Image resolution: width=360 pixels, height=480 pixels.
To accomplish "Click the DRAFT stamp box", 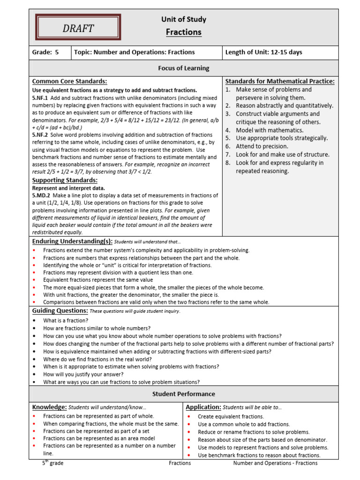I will coord(78,27).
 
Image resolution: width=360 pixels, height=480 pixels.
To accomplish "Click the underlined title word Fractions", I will coord(184,32).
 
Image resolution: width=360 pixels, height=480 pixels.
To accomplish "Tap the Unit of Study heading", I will coord(184,19).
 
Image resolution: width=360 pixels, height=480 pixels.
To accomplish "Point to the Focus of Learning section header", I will coord(183,68).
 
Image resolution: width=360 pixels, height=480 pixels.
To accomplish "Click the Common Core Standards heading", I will coord(69,81).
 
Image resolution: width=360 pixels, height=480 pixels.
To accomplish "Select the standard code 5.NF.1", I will coord(40,98).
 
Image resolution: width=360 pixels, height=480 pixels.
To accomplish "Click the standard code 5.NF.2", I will coord(40,135).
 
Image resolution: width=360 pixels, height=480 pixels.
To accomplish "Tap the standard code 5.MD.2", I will coord(41,195).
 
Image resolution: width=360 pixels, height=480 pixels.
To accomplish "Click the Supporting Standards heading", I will coord(65,180).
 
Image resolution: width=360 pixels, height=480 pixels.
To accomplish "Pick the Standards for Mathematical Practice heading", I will coord(280,81).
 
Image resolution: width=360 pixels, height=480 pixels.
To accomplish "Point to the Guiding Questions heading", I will coord(60,311).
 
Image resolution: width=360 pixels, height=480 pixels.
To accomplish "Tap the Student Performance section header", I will coord(183,394).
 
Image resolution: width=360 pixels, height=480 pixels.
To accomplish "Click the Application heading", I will coord(203,407).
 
